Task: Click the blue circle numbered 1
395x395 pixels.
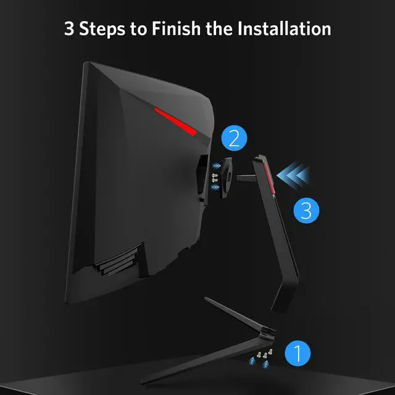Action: [297, 354]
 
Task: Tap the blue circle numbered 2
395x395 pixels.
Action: [233, 138]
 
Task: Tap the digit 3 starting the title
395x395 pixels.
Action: [69, 28]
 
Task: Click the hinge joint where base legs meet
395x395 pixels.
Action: [267, 333]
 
